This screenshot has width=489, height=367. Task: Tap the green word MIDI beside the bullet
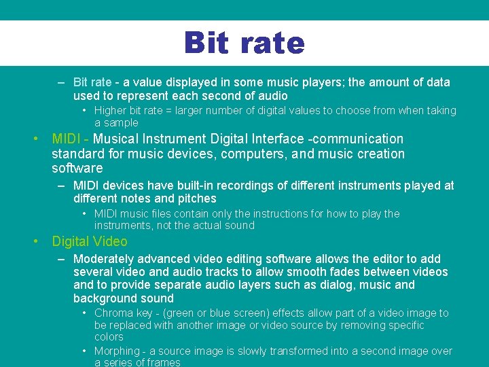[x=67, y=139]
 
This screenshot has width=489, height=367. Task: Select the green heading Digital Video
[x=90, y=241]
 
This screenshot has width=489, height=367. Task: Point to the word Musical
[x=119, y=139]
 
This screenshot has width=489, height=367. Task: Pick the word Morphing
[x=117, y=351]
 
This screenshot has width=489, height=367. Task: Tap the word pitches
[x=196, y=198]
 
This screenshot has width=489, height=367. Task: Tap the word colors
[x=109, y=337]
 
